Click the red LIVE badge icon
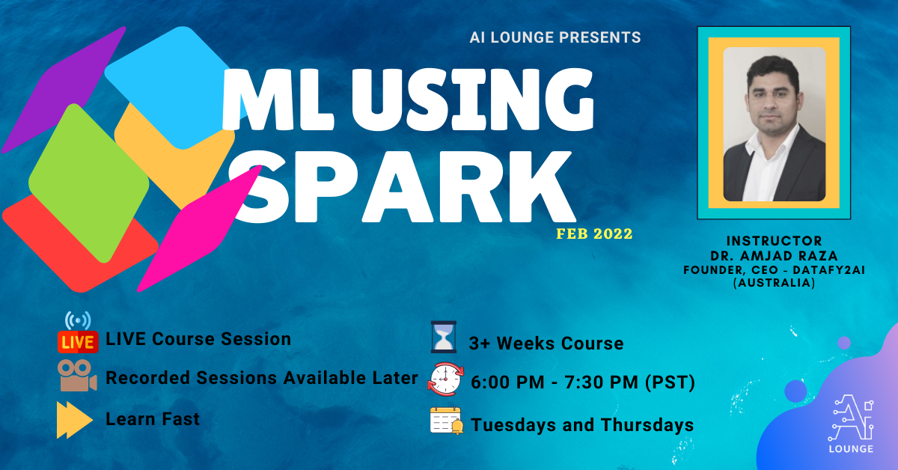(78, 341)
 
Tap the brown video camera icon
(77, 376)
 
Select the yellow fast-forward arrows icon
(75, 419)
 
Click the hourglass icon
(443, 337)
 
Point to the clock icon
(445, 379)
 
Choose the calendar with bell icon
(447, 421)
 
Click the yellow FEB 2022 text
(594, 234)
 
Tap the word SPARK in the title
(401, 186)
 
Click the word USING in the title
(472, 100)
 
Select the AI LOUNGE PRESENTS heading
(555, 37)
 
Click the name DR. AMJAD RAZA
(774, 256)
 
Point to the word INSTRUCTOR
(774, 241)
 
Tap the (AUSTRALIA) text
(774, 283)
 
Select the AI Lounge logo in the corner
(852, 424)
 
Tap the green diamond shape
(89, 183)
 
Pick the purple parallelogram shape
(64, 90)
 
